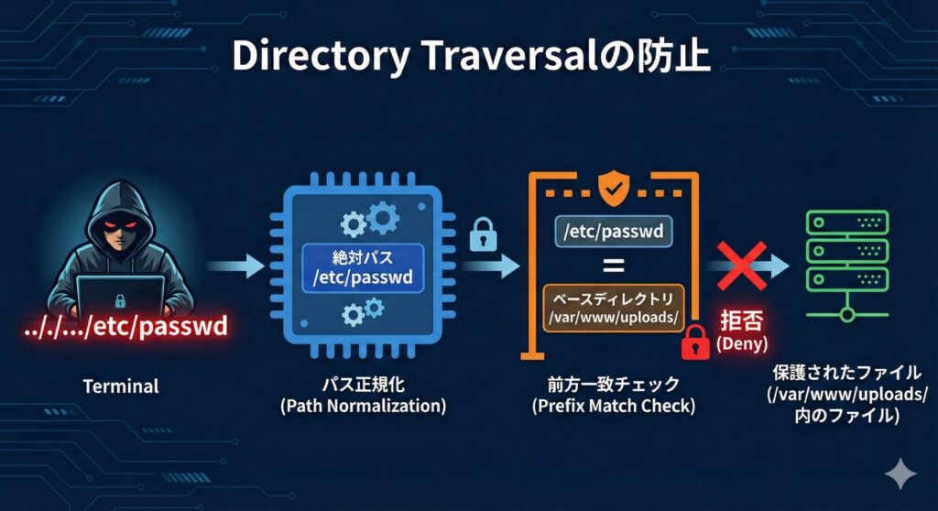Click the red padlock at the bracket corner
point(695,342)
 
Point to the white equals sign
point(613,266)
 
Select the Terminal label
point(121,386)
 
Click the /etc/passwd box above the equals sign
point(613,231)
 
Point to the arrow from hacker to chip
point(234,266)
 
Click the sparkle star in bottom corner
point(900,473)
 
